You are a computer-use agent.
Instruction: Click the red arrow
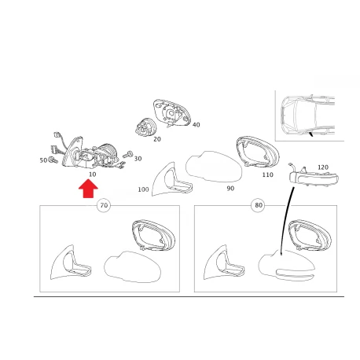pos(88,189)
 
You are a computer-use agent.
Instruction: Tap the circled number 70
pos(104,205)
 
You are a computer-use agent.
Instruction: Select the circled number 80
pos(259,205)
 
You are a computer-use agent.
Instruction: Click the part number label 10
pos(93,174)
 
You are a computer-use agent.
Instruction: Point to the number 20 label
pos(157,139)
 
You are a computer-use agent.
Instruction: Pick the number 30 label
pos(138,159)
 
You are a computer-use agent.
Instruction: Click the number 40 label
pos(196,125)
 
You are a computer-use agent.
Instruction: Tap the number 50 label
pos(43,160)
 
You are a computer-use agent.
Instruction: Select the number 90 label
pos(230,189)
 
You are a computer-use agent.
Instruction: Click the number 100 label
pos(143,189)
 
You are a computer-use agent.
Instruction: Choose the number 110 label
pos(267,174)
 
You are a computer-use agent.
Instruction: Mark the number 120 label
pos(323,167)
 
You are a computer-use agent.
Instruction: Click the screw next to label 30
pos(128,154)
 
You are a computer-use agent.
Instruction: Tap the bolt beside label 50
pos(53,160)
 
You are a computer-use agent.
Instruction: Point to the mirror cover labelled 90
pos(214,167)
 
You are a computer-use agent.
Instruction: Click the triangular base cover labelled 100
pos(171,180)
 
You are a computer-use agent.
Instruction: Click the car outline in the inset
pos(308,116)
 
